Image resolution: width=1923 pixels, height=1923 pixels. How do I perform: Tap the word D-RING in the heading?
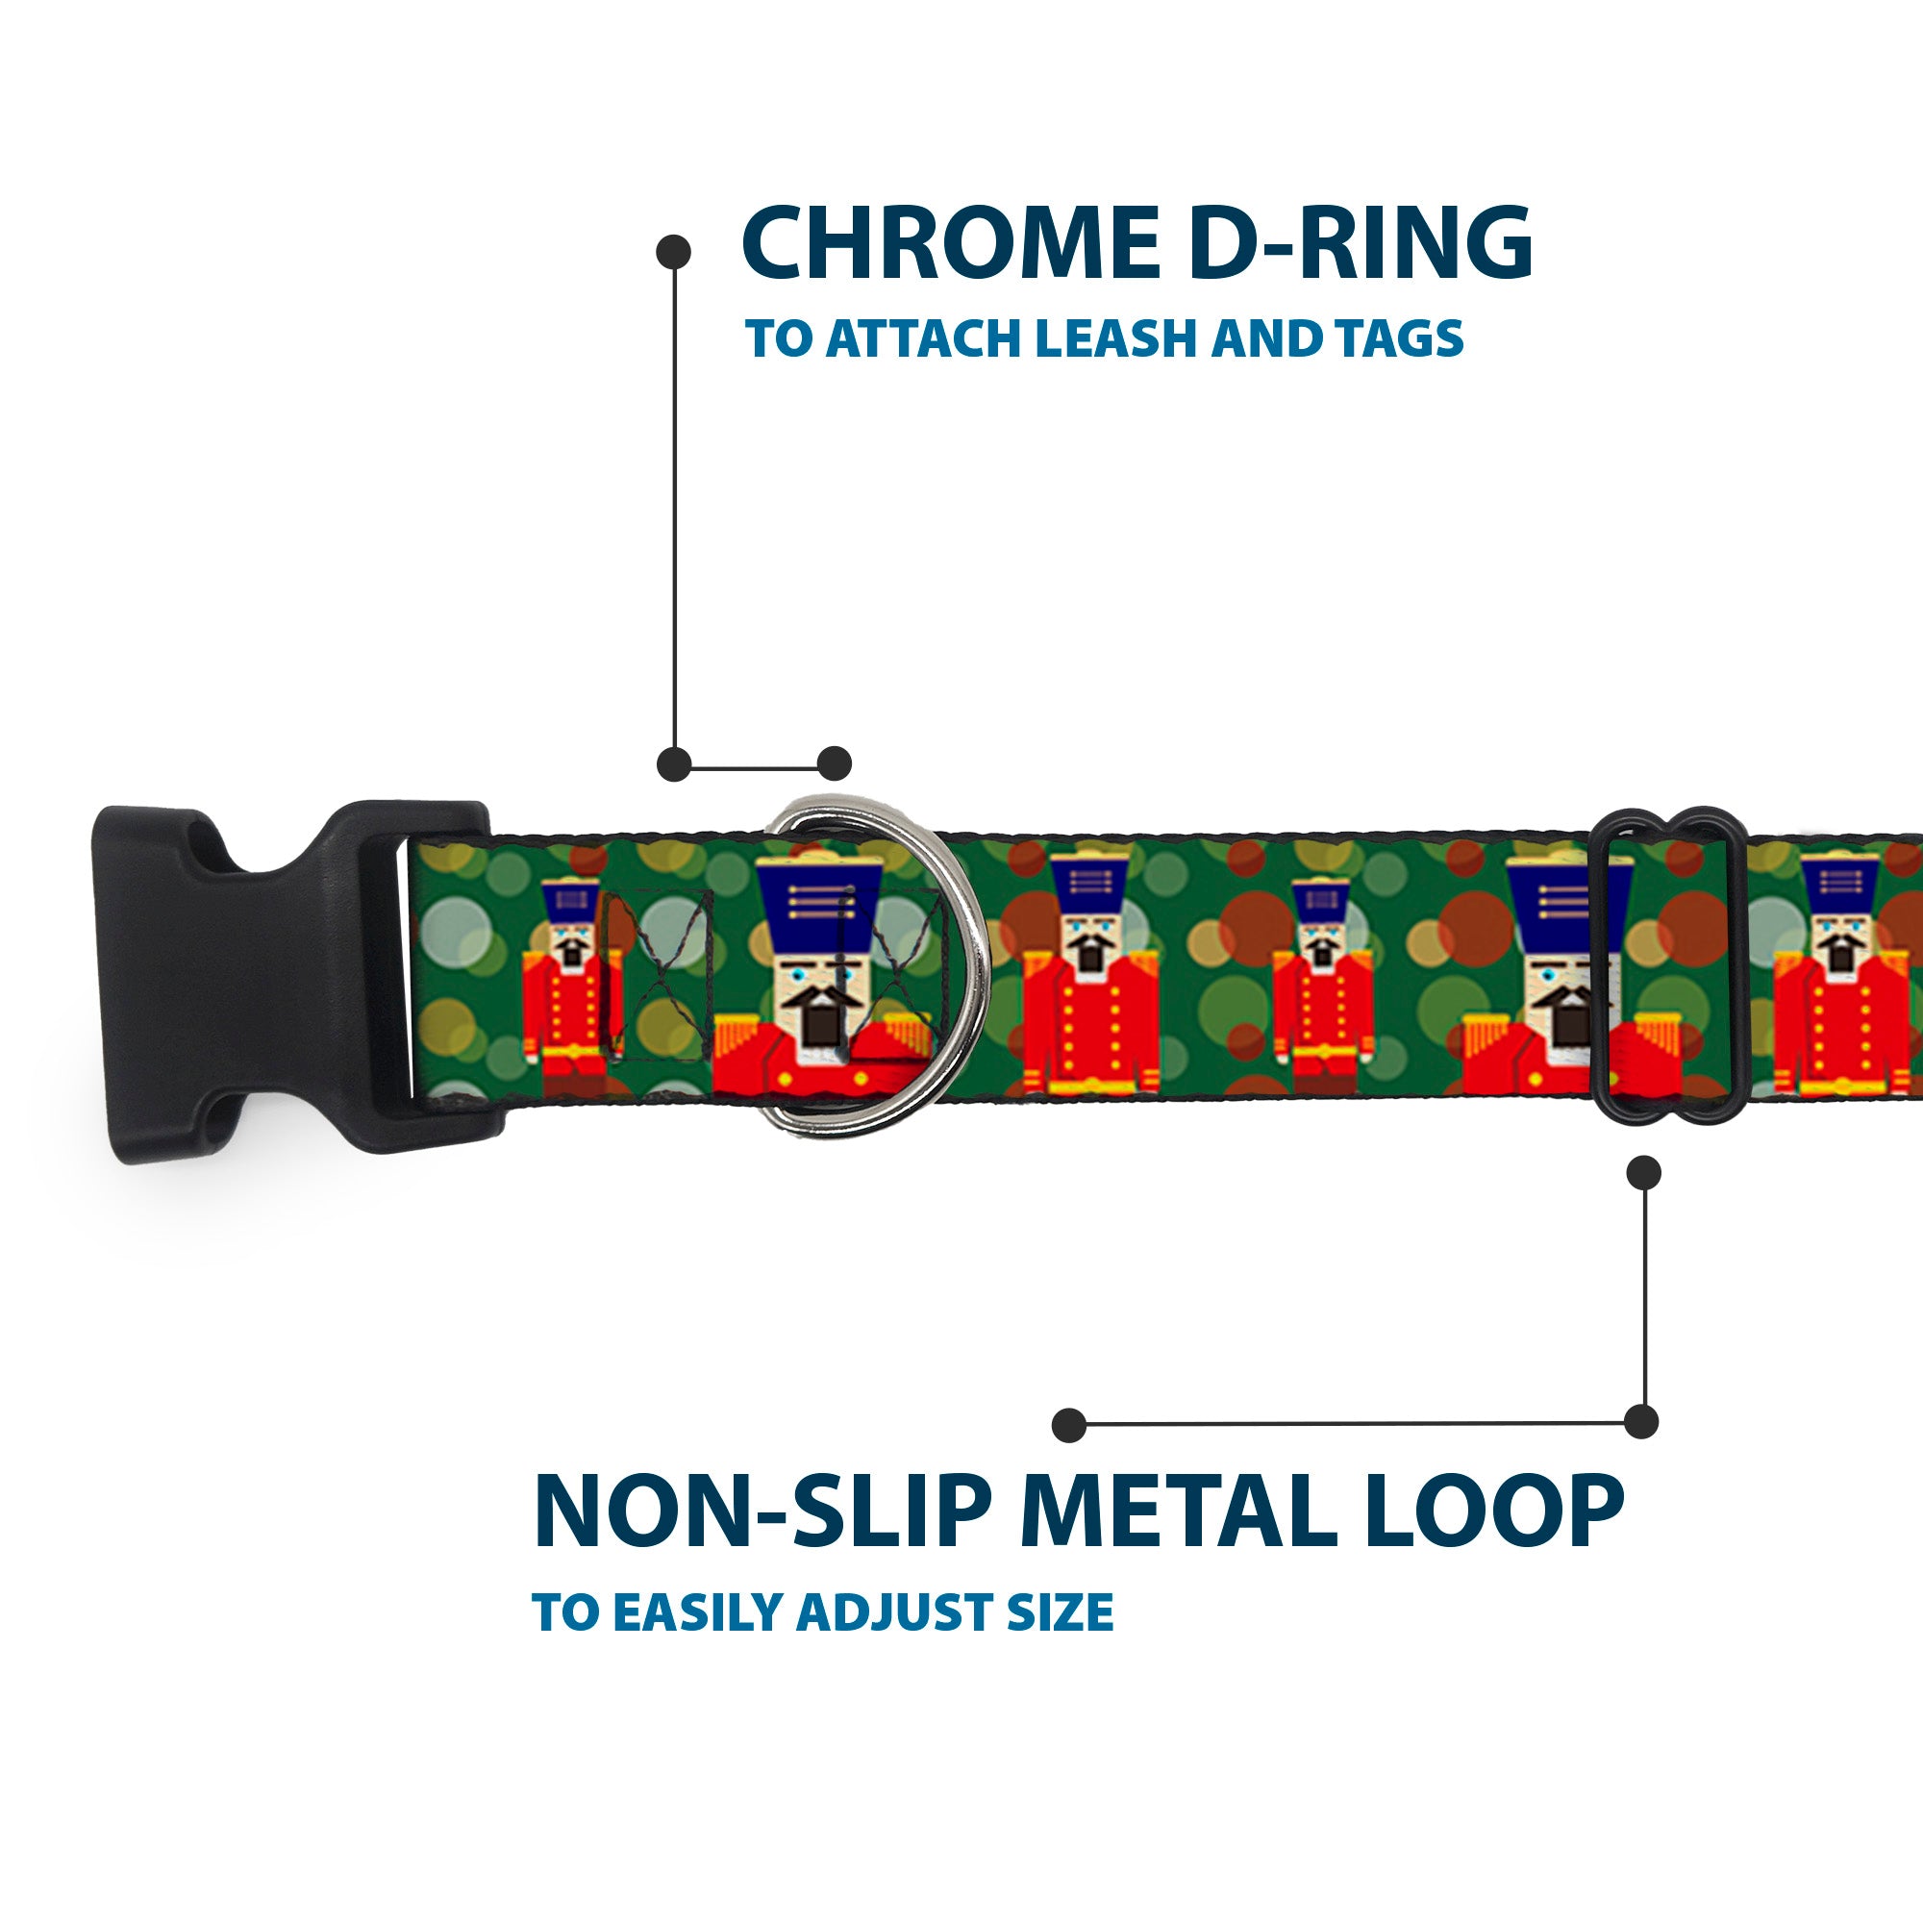coord(1360,244)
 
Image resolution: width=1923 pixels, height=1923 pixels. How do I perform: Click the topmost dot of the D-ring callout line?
coord(674,251)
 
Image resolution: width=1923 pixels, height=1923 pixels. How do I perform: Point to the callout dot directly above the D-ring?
coord(834,763)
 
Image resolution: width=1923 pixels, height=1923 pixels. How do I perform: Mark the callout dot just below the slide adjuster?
coord(1643,1172)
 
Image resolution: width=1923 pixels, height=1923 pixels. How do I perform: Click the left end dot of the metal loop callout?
coord(1069,1424)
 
